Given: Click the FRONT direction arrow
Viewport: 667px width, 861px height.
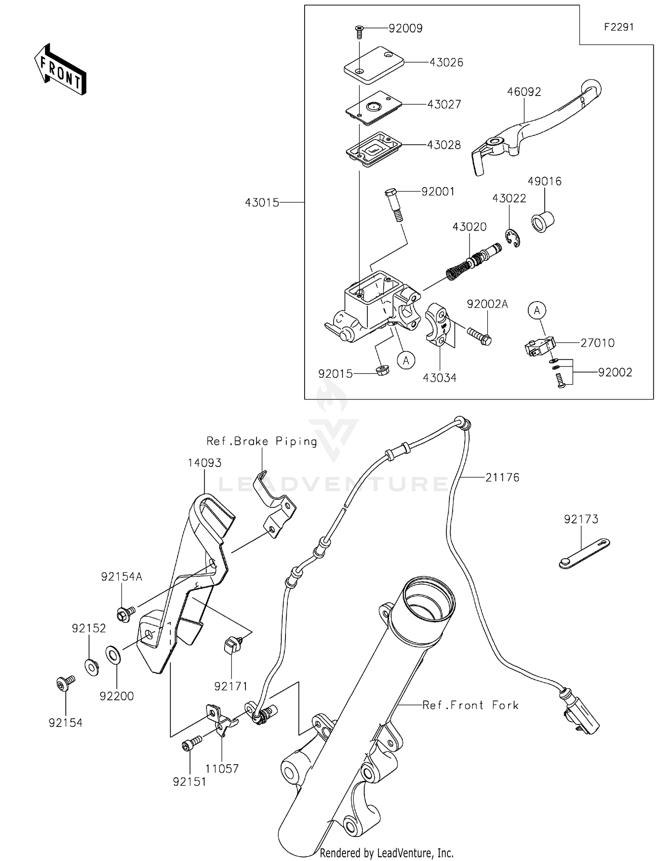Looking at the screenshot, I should click(60, 70).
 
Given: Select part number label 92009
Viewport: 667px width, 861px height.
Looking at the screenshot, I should click(405, 28).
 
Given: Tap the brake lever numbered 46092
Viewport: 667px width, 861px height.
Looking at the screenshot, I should click(538, 124).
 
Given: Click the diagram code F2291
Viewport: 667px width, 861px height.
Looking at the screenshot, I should click(619, 27).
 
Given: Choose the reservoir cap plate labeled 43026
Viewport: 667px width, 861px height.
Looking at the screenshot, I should click(374, 64).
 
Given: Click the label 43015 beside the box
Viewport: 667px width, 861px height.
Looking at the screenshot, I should click(262, 203).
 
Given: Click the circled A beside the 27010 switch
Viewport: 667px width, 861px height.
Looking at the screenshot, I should click(537, 310).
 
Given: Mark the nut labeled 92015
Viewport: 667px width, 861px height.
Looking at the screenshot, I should click(382, 370).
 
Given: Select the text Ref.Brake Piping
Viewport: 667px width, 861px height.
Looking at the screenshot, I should click(261, 441).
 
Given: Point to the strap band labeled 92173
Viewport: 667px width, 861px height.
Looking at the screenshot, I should click(584, 554).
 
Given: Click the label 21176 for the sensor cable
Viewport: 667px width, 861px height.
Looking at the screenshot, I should click(502, 478).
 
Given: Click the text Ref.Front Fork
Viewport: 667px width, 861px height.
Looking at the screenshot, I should click(470, 705).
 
